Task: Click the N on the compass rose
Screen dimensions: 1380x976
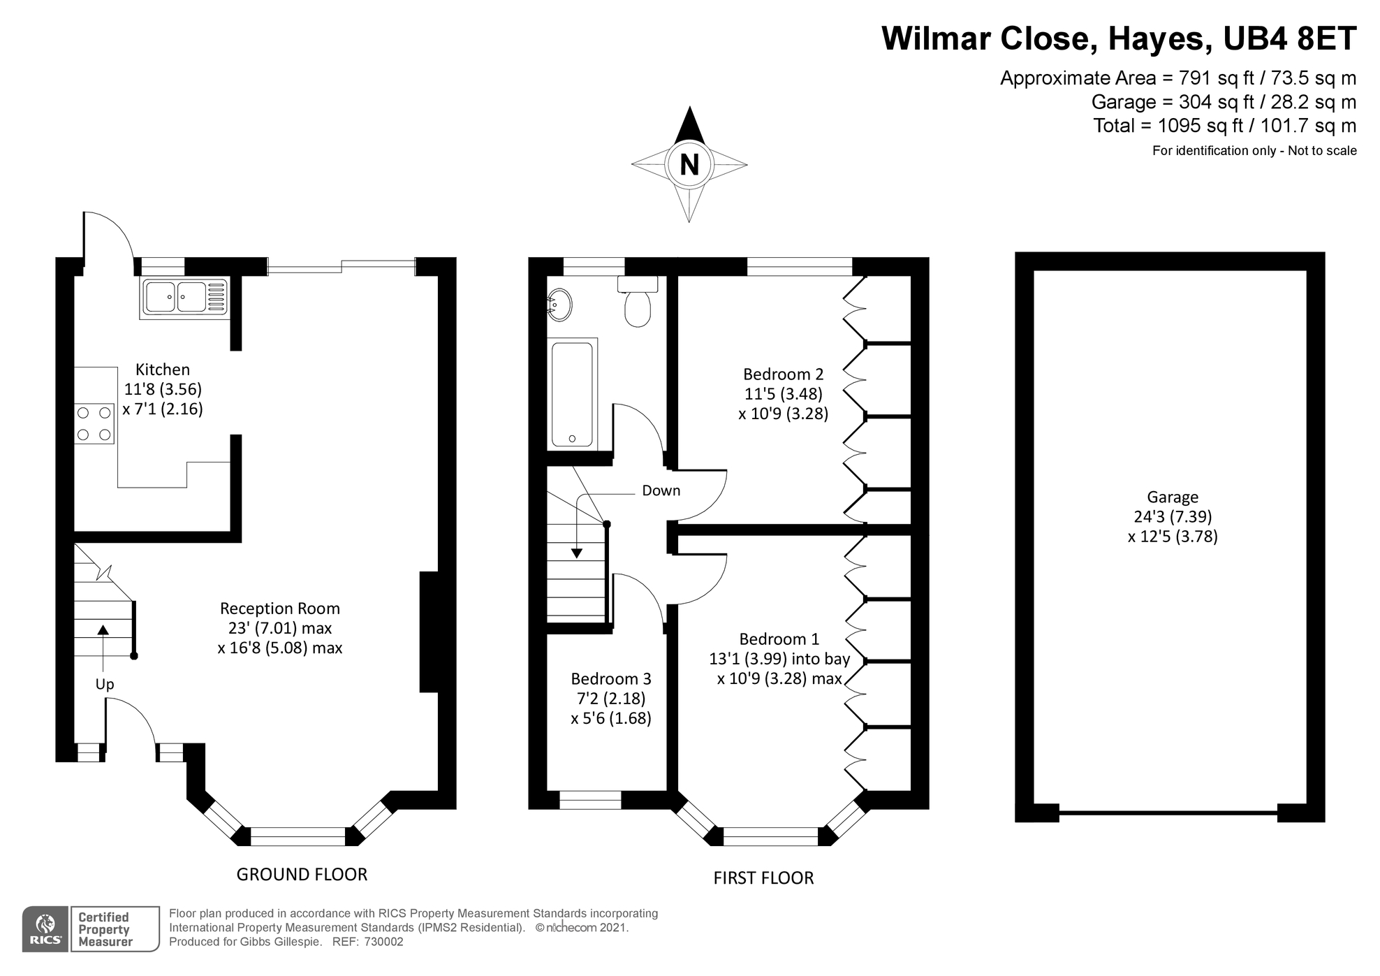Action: point(689,165)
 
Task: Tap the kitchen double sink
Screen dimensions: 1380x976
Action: point(185,297)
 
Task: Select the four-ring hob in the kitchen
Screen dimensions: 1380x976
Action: point(94,424)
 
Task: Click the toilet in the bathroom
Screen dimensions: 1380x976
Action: point(638,302)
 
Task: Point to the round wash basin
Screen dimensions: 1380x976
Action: point(559,305)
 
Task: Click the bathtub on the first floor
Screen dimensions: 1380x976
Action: point(573,393)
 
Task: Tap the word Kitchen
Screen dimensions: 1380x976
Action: point(163,370)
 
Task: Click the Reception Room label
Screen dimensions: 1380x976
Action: point(280,609)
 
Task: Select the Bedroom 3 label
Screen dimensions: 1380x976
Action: point(611,678)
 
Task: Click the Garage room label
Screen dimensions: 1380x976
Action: point(1173,497)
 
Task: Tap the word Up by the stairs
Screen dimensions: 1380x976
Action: point(105,685)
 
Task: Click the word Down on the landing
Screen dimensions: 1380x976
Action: point(661,490)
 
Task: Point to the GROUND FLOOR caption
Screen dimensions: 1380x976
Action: point(302,874)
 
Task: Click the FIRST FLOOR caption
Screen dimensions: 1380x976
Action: point(763,878)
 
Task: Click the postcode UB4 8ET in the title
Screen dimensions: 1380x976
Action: point(1290,38)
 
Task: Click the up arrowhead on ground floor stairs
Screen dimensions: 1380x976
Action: point(103,629)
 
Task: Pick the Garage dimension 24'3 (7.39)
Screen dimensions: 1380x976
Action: point(1173,517)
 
